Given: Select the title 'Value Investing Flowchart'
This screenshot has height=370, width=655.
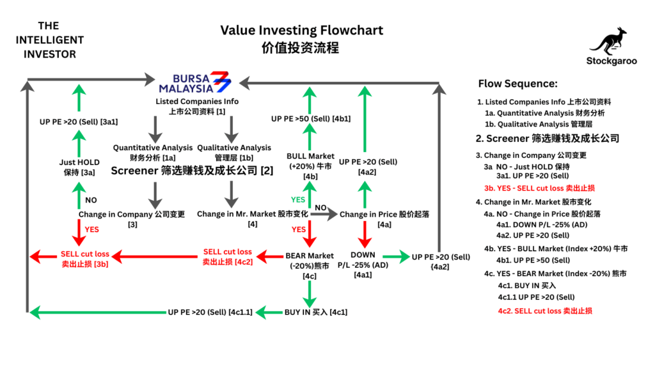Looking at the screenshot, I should pos(301,30).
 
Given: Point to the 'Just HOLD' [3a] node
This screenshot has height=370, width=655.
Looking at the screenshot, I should pos(80,167).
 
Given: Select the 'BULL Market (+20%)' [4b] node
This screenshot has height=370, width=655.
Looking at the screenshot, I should pos(310,166).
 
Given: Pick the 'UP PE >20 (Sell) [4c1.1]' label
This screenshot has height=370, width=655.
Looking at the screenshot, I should pos(210,313).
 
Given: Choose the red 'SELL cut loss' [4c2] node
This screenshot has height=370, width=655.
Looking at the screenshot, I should pos(227,256).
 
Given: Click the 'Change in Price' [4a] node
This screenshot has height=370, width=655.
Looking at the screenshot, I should pos(374,215).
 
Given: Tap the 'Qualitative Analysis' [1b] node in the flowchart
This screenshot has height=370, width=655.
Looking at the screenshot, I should pos(234,152).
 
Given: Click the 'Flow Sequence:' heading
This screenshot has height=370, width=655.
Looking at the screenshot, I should pos(517,84).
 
